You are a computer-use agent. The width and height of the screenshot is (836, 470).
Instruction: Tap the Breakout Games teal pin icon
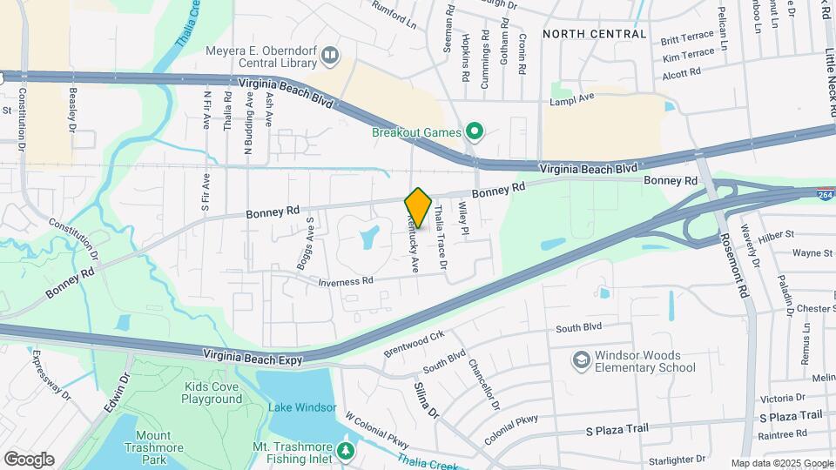(x=475, y=132)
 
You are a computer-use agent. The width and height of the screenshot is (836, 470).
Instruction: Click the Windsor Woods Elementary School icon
(x=581, y=360)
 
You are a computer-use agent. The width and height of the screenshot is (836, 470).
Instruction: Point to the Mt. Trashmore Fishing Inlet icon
(x=346, y=451)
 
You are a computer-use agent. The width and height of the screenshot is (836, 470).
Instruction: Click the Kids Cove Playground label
(x=212, y=393)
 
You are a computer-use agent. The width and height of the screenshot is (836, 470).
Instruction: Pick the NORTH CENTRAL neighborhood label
(x=594, y=34)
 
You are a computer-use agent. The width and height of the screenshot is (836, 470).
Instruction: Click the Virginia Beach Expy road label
(x=257, y=355)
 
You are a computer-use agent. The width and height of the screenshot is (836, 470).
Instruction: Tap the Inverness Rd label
(x=346, y=281)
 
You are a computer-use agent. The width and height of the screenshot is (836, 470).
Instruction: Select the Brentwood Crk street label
(x=414, y=343)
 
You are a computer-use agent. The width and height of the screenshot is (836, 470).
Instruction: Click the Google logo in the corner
(x=29, y=459)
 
